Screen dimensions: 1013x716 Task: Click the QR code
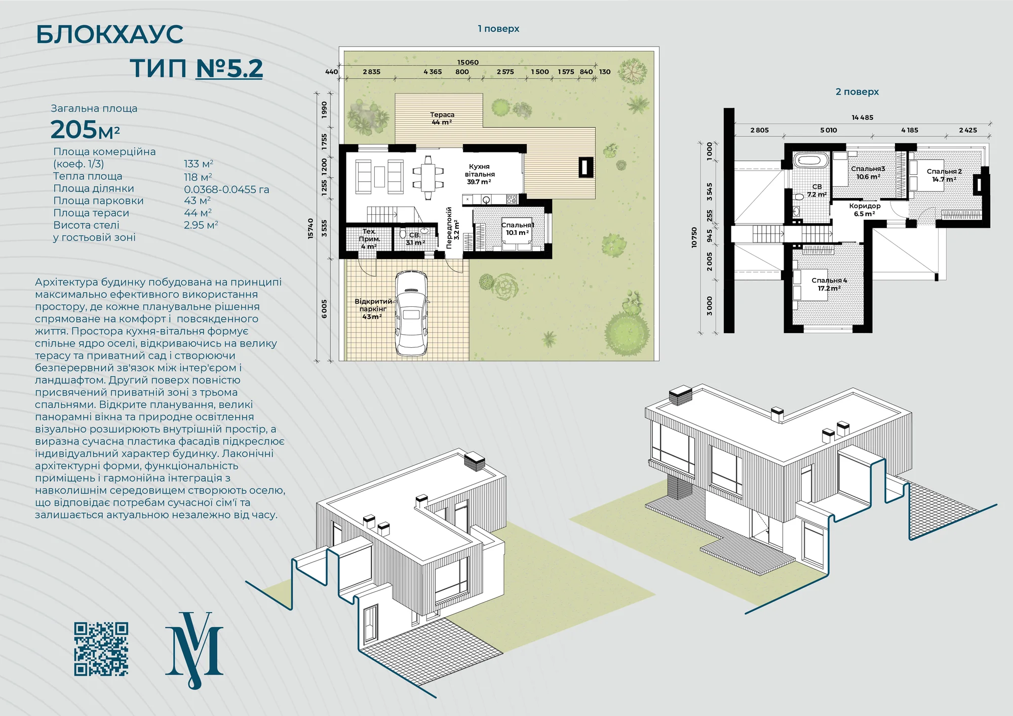click(101, 649)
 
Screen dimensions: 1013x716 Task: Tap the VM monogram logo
click(194, 650)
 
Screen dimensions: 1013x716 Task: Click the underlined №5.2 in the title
click(229, 68)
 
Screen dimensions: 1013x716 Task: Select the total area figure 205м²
click(85, 130)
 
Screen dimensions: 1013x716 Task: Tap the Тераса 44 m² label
click(442, 118)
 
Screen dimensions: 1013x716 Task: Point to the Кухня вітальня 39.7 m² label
click(479, 174)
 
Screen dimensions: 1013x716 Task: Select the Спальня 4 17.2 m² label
click(829, 284)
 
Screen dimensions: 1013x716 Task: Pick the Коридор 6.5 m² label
click(865, 210)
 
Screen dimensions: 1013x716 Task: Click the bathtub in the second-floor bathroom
click(811, 161)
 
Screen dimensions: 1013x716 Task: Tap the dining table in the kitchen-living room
click(428, 174)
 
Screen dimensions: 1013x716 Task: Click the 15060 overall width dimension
click(468, 62)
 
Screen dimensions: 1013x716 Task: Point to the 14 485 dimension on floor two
click(863, 117)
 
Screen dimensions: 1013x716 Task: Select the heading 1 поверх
click(498, 29)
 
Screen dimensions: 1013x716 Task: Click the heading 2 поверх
click(857, 92)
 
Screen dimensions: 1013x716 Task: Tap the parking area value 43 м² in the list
click(198, 201)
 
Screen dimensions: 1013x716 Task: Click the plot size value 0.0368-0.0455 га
click(226, 189)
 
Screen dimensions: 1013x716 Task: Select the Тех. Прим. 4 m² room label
click(369, 238)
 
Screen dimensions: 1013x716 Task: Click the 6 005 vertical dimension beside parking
click(324, 309)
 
